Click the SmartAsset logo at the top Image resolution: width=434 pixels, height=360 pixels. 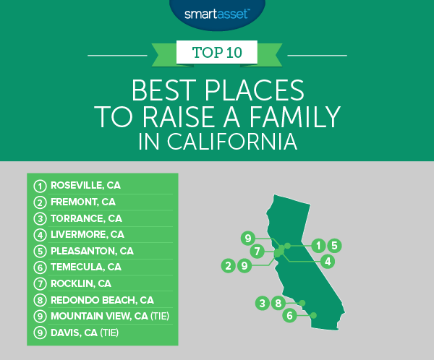pos(217,12)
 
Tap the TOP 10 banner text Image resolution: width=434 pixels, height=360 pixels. pos(217,53)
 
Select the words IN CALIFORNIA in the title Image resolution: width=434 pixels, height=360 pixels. pos(217,140)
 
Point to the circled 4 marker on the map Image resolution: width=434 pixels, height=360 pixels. pos(327,261)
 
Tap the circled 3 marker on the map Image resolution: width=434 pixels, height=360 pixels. pos(262,303)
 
